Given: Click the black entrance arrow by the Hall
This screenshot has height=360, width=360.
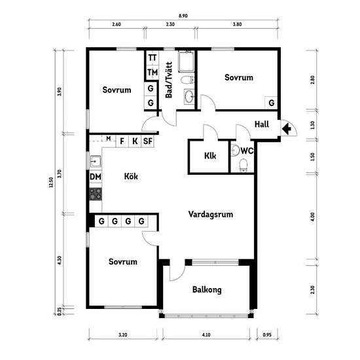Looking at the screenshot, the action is click(x=287, y=129).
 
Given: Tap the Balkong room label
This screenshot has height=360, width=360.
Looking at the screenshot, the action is click(x=207, y=290).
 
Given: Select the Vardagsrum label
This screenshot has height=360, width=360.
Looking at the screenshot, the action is click(x=211, y=214).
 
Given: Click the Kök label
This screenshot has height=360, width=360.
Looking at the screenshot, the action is click(x=131, y=176).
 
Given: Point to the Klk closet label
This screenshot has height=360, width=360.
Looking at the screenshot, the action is click(x=210, y=156).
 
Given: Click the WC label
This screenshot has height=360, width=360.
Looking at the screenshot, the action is click(x=247, y=151).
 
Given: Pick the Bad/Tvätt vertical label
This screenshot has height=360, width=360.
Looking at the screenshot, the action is click(x=169, y=80).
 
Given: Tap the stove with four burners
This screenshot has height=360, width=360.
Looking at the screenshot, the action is click(x=96, y=194).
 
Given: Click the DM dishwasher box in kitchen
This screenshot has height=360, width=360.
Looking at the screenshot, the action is click(x=96, y=177).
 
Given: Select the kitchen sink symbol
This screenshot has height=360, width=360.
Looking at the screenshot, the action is click(x=96, y=161).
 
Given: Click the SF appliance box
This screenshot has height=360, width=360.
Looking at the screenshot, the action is click(x=147, y=141).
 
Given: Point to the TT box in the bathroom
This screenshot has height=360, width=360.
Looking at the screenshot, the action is click(x=153, y=58).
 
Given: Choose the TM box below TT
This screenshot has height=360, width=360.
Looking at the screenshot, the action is click(x=153, y=73).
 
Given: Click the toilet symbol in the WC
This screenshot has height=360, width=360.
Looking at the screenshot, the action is click(x=243, y=165).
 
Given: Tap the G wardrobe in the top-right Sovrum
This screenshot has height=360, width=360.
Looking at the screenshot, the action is click(x=271, y=103).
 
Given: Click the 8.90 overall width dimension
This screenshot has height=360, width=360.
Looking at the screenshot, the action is click(x=183, y=16).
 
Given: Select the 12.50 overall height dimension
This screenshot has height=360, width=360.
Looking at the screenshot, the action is click(x=51, y=183).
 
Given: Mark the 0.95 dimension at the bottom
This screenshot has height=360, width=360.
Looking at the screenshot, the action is click(x=267, y=334).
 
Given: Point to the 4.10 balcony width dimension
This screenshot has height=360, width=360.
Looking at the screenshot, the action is click(x=206, y=334).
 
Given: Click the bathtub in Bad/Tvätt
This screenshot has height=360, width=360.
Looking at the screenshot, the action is click(x=186, y=62).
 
